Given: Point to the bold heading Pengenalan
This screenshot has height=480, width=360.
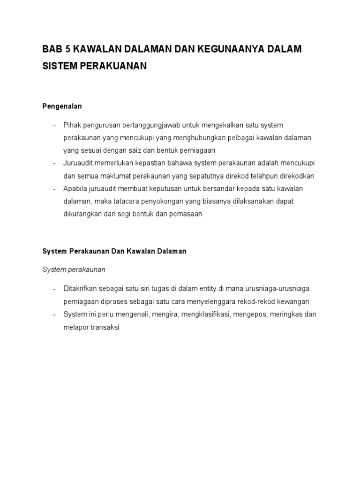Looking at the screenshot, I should click(x=62, y=106).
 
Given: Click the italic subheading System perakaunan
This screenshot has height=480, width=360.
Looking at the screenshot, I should click(x=74, y=270).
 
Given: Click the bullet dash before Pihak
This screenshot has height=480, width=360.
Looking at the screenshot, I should click(x=55, y=125).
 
